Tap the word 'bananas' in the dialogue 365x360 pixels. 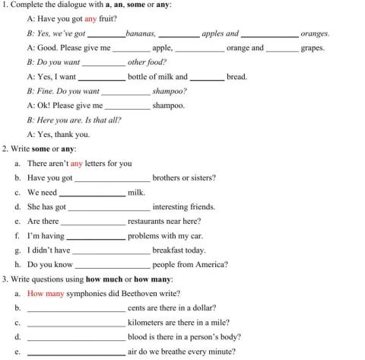pos(141,33)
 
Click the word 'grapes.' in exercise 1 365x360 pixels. pos(313,48)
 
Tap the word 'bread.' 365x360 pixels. pos(236,77)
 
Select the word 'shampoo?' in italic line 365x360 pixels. pos(170,91)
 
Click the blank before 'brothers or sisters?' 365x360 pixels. pos(112,179)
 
